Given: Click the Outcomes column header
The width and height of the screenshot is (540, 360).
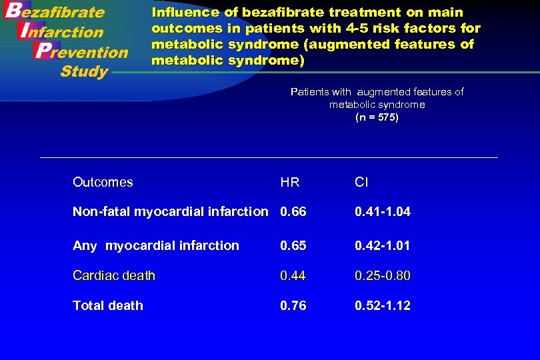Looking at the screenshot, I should click(103, 182).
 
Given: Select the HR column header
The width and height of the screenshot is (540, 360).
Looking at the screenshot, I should click(290, 183).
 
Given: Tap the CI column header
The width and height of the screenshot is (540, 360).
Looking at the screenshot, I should click(361, 183).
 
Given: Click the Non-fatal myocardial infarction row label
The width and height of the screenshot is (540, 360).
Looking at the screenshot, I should click(170, 212).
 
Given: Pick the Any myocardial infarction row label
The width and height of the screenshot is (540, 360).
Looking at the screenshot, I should click(155, 245).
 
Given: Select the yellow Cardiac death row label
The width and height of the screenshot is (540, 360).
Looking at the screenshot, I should click(114, 275).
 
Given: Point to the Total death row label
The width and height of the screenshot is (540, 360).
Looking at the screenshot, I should click(108, 305).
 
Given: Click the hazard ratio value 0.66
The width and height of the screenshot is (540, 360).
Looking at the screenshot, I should click(293, 212).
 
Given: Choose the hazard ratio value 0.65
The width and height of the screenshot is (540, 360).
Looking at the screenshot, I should click(293, 245).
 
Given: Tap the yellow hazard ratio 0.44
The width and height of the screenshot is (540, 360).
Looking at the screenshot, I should click(293, 275).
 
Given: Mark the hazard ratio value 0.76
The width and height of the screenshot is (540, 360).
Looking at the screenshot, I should click(293, 305).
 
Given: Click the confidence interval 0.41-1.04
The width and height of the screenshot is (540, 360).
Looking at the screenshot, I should click(383, 212).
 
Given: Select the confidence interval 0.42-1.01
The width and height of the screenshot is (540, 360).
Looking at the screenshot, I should click(383, 245).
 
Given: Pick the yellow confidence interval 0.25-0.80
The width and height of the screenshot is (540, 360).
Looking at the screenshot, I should click(383, 275).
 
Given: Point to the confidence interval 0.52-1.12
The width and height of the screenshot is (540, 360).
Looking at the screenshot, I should click(383, 305).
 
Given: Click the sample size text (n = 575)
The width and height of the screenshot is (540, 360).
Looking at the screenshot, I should click(377, 117).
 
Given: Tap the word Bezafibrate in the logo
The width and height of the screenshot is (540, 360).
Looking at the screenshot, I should click(55, 12).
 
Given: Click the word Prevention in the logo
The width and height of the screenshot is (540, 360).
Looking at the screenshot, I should click(81, 51).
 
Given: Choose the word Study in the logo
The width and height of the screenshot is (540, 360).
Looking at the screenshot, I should click(84, 71).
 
